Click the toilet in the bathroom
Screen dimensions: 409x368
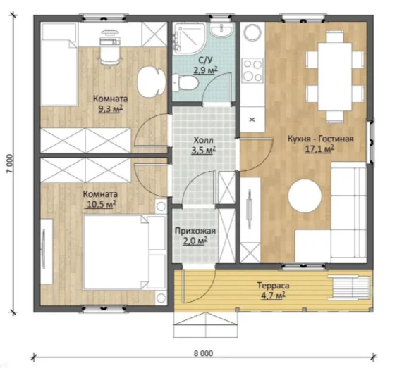point(185,83)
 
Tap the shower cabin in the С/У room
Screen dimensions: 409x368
point(189,38)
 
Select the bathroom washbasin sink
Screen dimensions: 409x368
point(221,30)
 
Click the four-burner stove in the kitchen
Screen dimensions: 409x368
point(252,70)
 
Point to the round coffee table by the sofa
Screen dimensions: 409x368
point(305,196)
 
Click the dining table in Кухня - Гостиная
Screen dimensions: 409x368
point(335,77)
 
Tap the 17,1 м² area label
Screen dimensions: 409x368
point(319,149)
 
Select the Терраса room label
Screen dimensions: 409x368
point(273,286)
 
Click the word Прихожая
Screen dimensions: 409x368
point(195,231)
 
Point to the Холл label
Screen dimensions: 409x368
point(204,140)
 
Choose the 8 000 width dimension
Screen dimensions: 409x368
point(204,353)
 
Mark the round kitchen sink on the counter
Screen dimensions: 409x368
point(252,32)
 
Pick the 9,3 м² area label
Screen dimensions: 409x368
point(110,109)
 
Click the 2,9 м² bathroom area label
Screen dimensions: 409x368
point(205,70)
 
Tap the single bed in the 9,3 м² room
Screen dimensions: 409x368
point(59,64)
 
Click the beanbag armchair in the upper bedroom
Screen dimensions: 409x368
point(152,81)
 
